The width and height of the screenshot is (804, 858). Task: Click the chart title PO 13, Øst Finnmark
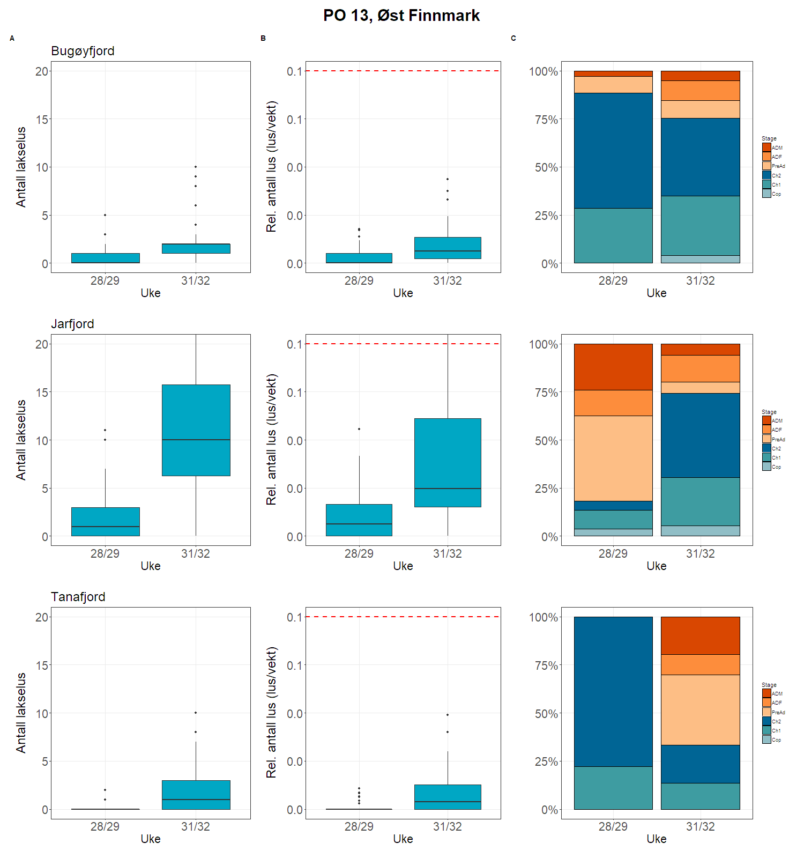click(x=401, y=16)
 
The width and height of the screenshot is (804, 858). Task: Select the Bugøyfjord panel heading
click(x=83, y=51)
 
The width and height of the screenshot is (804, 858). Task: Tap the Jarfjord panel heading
click(x=72, y=324)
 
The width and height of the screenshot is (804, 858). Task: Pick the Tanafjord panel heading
click(x=78, y=597)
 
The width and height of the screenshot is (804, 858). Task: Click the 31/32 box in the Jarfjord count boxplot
click(x=196, y=430)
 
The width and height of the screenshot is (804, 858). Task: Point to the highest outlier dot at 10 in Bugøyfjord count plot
click(x=196, y=167)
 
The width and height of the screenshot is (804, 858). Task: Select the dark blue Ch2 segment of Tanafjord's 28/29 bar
click(x=613, y=691)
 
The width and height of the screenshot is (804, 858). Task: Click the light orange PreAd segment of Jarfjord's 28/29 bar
click(x=613, y=458)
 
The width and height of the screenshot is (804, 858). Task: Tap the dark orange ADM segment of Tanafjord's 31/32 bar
click(x=700, y=635)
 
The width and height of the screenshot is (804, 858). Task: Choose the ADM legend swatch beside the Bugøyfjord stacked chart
click(x=766, y=147)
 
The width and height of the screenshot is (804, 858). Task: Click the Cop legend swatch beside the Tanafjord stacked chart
click(x=766, y=739)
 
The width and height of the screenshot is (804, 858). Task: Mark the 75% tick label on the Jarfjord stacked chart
click(x=546, y=393)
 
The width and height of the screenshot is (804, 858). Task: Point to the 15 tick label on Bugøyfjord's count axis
click(x=42, y=120)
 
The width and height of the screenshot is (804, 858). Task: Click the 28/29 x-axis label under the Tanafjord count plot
click(x=105, y=826)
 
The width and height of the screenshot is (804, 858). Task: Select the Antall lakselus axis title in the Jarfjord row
click(x=21, y=440)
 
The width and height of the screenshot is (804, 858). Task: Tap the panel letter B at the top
click(x=263, y=39)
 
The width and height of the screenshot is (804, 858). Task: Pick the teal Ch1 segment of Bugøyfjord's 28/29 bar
click(x=613, y=235)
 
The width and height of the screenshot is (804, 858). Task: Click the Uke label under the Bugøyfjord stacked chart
click(x=657, y=293)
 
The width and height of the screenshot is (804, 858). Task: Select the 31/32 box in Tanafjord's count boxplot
click(x=196, y=794)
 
